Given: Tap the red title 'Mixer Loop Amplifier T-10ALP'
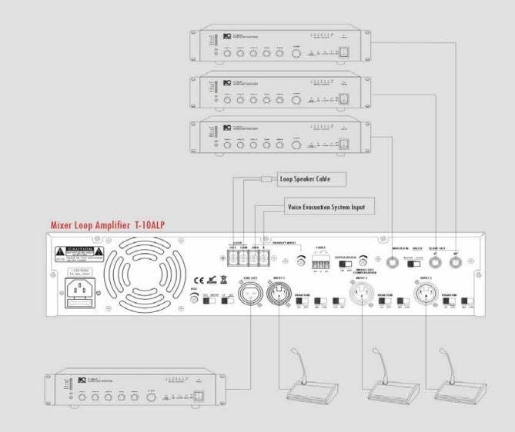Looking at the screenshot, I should (x=109, y=225).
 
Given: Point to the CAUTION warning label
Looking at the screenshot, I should (x=78, y=253).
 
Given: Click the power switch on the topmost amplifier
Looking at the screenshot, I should (x=346, y=52).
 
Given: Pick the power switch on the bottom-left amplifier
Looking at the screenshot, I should (x=199, y=397).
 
